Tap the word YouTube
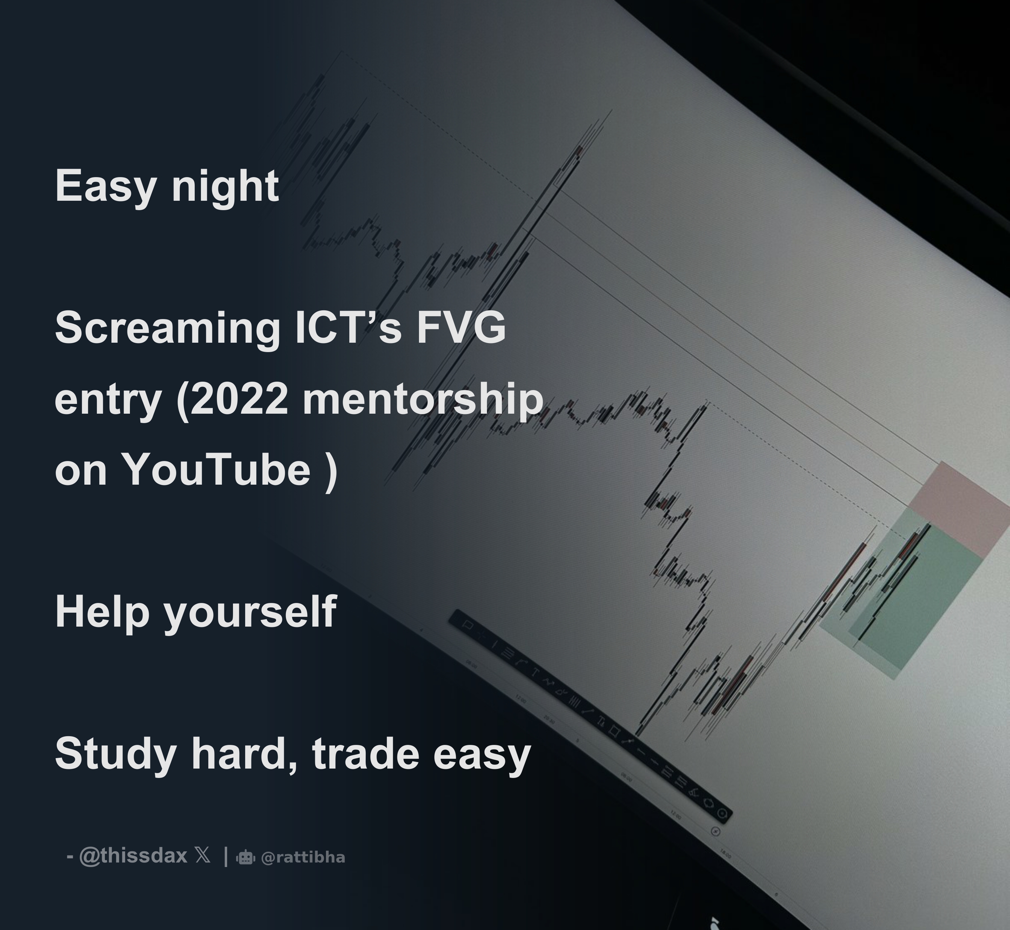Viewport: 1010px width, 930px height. click(x=217, y=470)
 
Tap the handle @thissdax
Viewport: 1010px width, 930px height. click(x=133, y=856)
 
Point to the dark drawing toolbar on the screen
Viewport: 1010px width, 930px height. click(x=589, y=715)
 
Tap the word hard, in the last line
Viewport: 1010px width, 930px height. click(x=244, y=754)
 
